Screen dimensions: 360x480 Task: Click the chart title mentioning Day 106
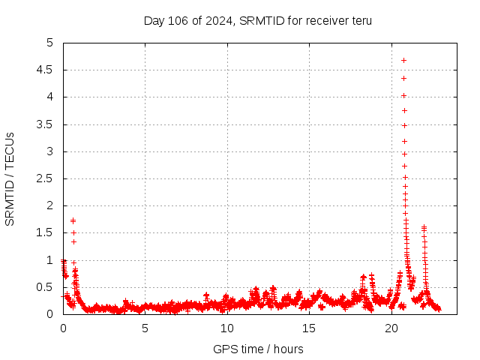point(257,20)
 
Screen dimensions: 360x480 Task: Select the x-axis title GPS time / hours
point(258,349)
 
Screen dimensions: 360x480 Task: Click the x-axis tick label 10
point(227,328)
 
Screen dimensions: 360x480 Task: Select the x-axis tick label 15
point(309,328)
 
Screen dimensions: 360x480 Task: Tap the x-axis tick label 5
point(145,328)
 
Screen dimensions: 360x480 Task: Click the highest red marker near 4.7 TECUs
point(403,60)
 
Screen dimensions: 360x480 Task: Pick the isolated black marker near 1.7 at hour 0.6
point(73,220)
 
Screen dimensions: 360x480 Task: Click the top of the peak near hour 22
point(424,227)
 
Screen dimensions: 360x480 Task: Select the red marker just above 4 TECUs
point(403,95)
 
